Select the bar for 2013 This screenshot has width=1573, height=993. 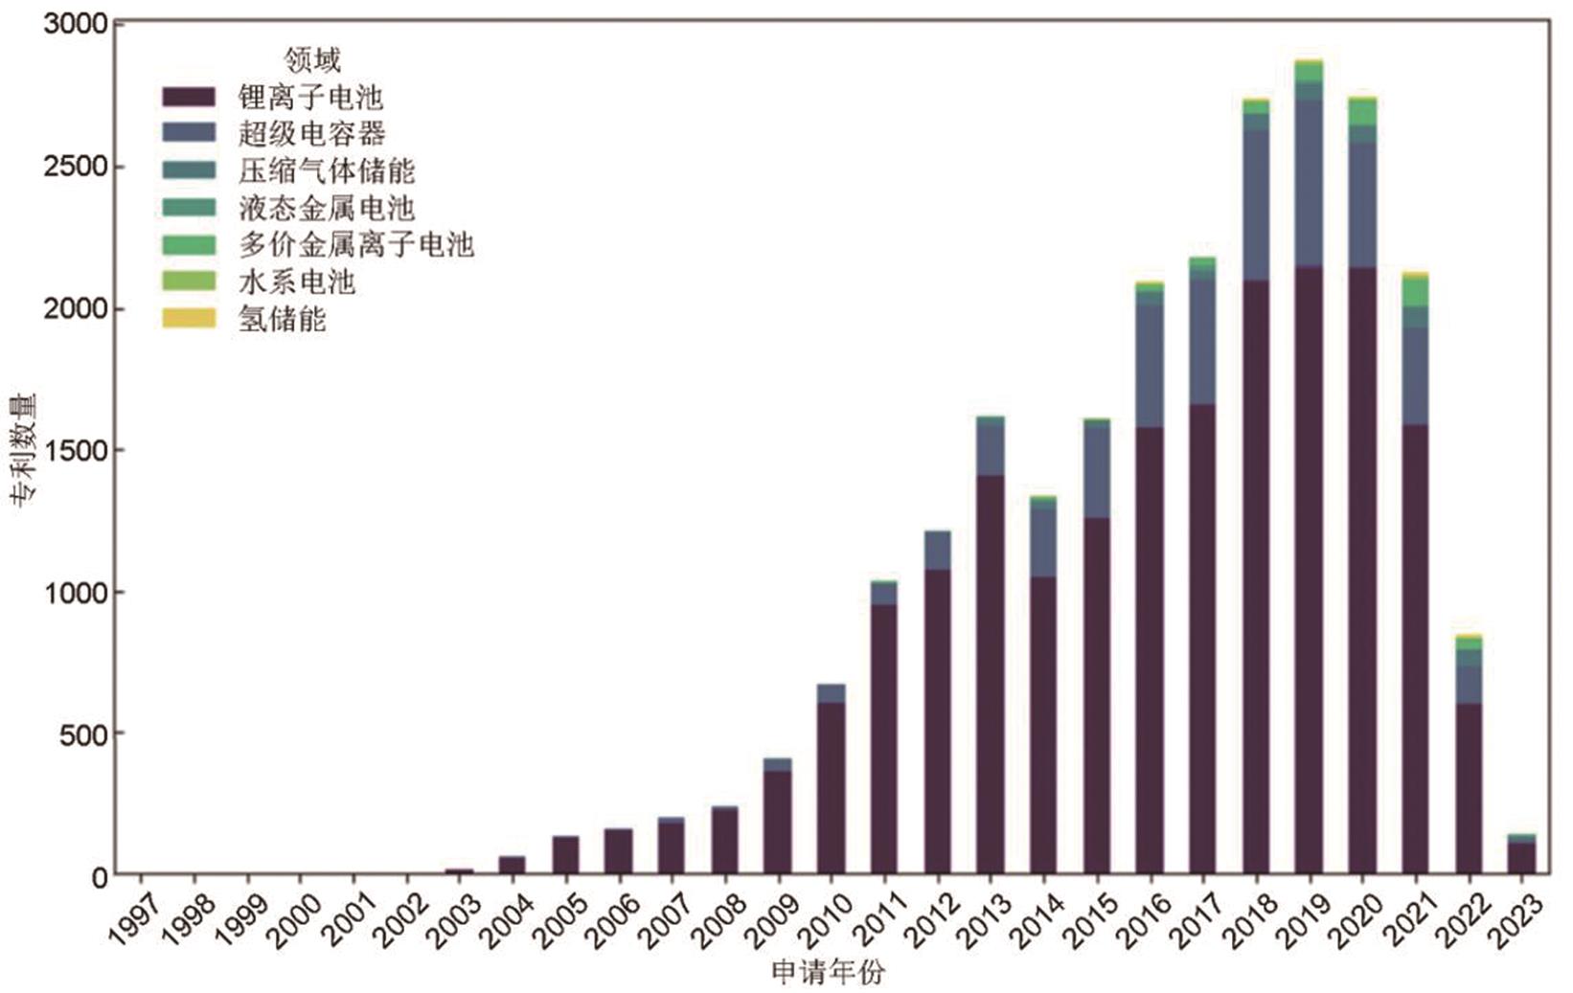(x=991, y=670)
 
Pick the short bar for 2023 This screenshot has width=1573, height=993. (x=1521, y=856)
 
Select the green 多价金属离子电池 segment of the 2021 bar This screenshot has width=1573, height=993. (x=1415, y=292)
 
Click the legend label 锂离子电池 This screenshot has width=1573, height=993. (x=310, y=98)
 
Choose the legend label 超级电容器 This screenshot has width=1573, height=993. (x=311, y=134)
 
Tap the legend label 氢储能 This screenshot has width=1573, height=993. (x=283, y=319)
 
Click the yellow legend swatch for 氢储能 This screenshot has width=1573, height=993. (x=189, y=319)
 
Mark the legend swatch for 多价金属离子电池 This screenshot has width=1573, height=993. (x=189, y=245)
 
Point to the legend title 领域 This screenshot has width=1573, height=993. (x=312, y=61)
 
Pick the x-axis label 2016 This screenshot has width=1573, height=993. (x=1139, y=921)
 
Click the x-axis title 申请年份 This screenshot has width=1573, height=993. (x=828, y=974)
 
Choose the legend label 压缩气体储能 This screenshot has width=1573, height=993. (x=327, y=171)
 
